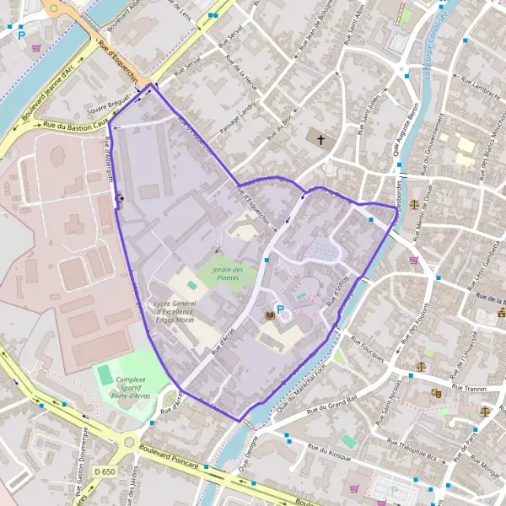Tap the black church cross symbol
pyautogui.click(x=320, y=139)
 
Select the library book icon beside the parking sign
pyautogui.click(x=270, y=315)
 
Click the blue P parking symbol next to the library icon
pyautogui.click(x=281, y=310)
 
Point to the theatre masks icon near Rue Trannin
pyautogui.click(x=436, y=392)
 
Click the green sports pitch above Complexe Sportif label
pyautogui.click(x=105, y=372)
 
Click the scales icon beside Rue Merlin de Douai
pyautogui.click(x=414, y=203)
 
